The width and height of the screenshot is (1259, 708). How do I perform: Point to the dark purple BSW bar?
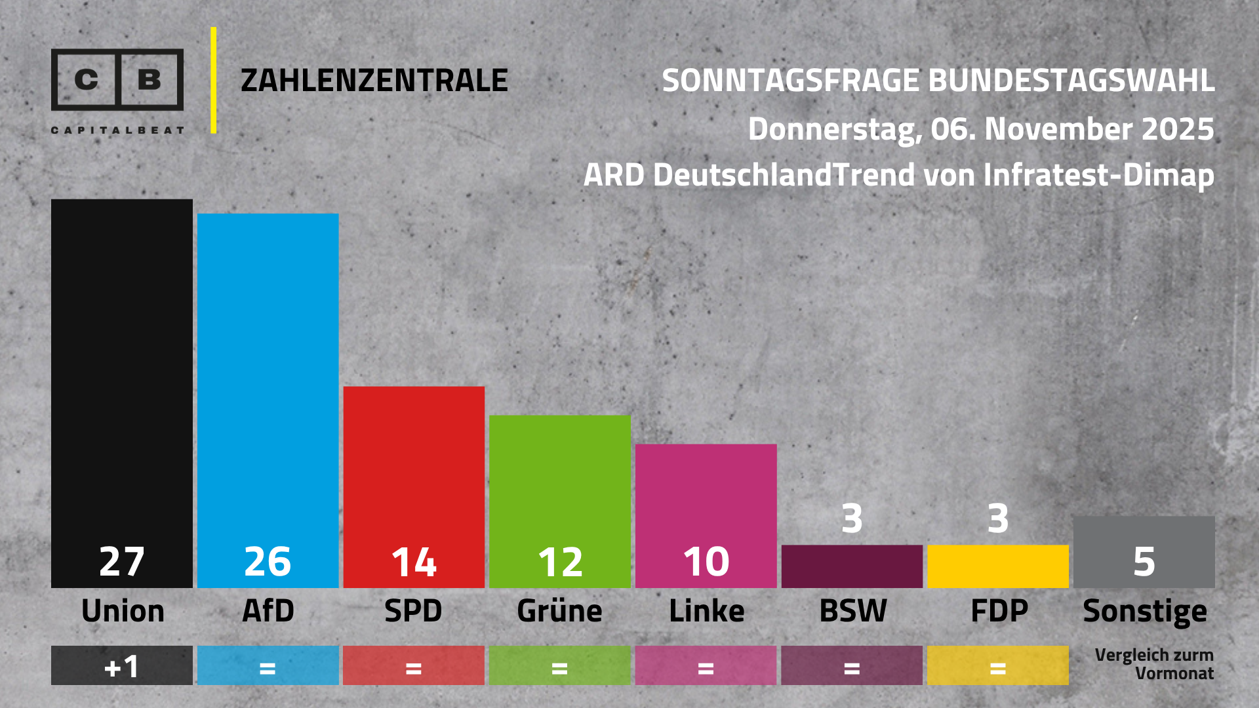(852, 566)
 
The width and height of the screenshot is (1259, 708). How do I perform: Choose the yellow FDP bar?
(997, 566)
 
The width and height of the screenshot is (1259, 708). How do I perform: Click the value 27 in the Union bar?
(122, 562)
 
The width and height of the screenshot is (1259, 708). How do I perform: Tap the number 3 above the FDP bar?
(997, 519)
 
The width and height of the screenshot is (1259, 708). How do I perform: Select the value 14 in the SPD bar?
(414, 562)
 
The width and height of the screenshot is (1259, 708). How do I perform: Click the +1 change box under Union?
(122, 666)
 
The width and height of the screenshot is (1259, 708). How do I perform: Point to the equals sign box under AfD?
(268, 666)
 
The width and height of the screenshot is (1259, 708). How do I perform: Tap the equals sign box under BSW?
(852, 666)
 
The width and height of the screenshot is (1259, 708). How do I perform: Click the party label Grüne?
(559, 611)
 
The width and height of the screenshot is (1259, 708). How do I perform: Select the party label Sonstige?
(1144, 612)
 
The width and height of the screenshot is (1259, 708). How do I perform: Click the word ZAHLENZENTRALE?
(374, 81)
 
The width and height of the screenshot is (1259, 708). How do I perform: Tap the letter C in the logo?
(87, 80)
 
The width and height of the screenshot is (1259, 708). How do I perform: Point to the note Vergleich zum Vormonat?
(1154, 664)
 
